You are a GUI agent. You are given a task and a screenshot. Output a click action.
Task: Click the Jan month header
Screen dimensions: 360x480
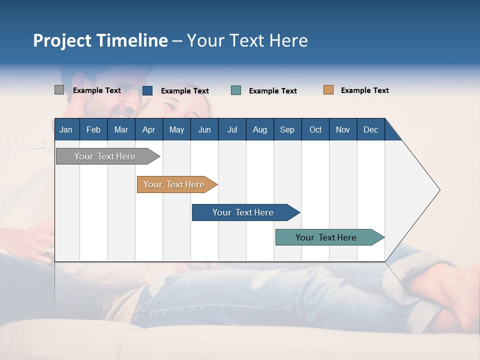66,129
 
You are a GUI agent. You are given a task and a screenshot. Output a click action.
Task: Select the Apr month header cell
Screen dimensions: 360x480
148,129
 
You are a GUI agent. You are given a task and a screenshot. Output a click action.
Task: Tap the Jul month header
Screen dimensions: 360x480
232,129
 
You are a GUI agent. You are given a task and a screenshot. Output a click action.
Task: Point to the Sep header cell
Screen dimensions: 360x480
287,129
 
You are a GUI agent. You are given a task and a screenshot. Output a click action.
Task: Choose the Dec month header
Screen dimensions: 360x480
370,129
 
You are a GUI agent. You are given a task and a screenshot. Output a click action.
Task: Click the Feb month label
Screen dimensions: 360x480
93,129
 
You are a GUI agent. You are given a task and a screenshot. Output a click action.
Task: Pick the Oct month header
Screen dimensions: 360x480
315,129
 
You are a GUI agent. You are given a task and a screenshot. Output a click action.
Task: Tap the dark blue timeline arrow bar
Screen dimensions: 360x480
243,212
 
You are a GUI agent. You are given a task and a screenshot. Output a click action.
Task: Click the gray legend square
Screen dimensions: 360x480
59,90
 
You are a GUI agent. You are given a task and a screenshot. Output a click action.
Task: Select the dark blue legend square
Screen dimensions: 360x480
147,90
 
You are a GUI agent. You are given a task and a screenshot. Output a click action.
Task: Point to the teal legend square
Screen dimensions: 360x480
236,90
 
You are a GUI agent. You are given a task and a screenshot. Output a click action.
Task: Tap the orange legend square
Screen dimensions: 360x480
328,90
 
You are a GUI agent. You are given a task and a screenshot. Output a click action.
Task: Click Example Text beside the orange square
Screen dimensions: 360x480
364,90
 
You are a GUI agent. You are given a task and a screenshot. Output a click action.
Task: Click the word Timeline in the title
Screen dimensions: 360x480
131,40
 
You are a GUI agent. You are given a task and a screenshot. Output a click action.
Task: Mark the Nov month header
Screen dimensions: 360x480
343,129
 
